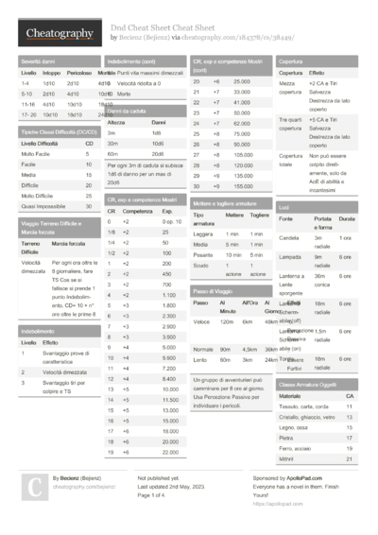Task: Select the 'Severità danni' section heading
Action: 38,60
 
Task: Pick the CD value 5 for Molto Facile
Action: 89,153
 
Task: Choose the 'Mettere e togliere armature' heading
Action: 225,203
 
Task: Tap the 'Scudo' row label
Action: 201,266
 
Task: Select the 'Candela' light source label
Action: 289,237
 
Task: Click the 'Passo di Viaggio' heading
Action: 214,291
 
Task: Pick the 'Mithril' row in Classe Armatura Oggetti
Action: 286,457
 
